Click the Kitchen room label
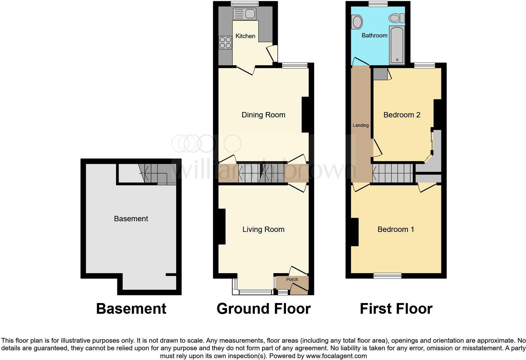tap(245, 36)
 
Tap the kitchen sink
tap(244, 14)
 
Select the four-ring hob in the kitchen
tap(225, 42)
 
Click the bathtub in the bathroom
tap(397, 45)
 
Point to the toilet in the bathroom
tap(396, 18)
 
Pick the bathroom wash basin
tap(357, 22)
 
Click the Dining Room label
tap(263, 115)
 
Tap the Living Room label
tap(263, 229)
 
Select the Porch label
tap(292, 279)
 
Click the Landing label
tap(361, 125)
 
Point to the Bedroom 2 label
tap(402, 115)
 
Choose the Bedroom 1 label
tap(396, 229)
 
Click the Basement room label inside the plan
tap(131, 219)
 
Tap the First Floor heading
tap(396, 309)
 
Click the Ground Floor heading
tap(264, 309)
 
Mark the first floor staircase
tap(393, 173)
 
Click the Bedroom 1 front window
tap(387, 276)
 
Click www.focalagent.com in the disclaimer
tap(336, 356)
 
